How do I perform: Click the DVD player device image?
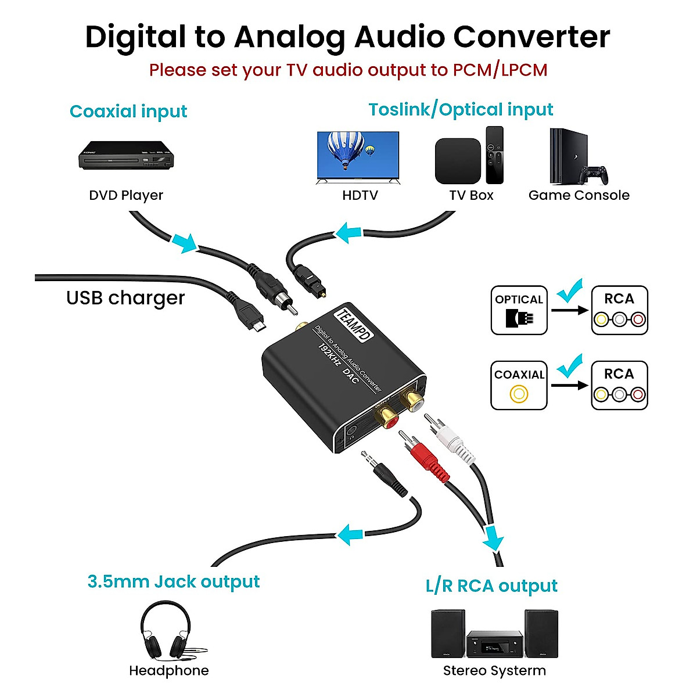[x=126, y=155]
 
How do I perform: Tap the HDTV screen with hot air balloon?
[x=358, y=155]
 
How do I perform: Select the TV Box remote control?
[x=494, y=155]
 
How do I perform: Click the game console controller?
[x=595, y=174]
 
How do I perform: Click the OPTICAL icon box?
[x=519, y=310]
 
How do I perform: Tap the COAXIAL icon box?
[x=519, y=386]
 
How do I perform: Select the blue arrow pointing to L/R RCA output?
[x=493, y=538]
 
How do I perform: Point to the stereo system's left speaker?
[x=448, y=633]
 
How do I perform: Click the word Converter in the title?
[x=531, y=37]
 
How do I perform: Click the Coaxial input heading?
[x=128, y=111]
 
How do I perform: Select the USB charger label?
[x=125, y=298]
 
